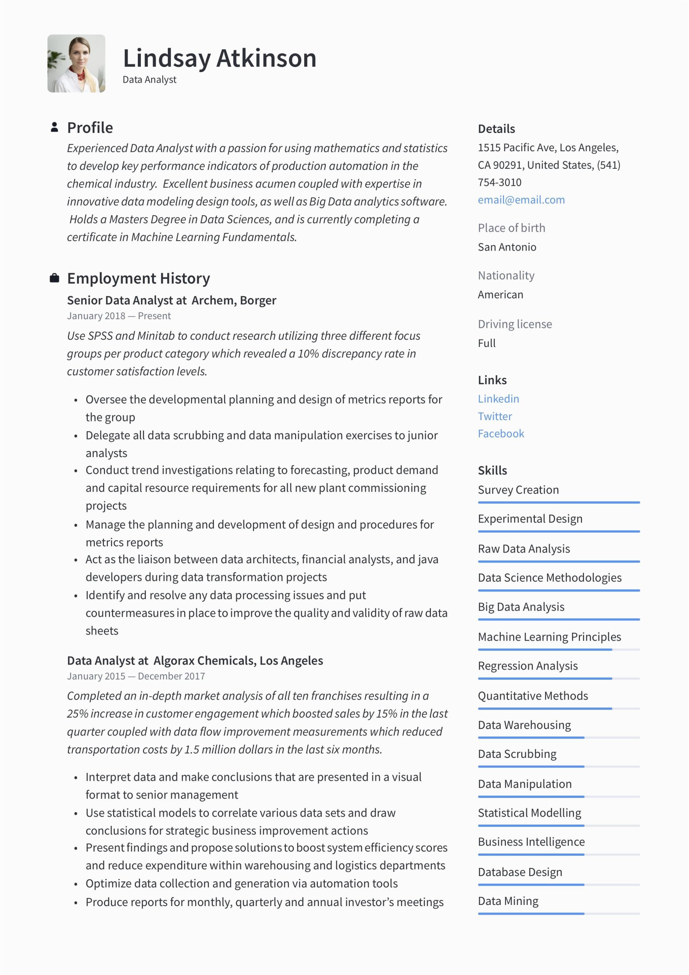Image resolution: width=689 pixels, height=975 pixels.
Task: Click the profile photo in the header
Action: click(77, 63)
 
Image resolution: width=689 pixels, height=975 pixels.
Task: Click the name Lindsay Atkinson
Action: click(220, 58)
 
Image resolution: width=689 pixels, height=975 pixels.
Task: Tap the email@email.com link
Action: click(521, 200)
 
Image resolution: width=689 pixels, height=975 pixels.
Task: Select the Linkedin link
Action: click(498, 399)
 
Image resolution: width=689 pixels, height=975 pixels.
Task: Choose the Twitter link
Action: click(494, 416)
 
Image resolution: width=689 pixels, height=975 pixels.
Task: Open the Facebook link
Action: click(501, 433)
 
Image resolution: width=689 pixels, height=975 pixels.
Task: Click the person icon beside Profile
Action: click(54, 127)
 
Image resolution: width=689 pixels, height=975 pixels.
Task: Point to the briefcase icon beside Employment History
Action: click(54, 278)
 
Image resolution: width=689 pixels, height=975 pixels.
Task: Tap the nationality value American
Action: click(500, 295)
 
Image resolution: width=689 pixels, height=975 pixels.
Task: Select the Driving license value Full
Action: click(486, 343)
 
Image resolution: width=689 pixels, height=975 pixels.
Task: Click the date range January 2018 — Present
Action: click(119, 316)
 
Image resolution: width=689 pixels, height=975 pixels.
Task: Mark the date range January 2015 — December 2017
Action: click(136, 676)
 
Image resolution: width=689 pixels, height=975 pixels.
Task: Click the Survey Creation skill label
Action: click(518, 490)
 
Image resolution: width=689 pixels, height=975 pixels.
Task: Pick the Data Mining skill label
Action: click(508, 901)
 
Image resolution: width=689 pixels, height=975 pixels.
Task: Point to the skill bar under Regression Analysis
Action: click(558, 679)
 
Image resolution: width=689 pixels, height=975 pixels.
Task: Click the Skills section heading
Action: click(492, 470)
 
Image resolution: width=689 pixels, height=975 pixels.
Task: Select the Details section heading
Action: click(496, 129)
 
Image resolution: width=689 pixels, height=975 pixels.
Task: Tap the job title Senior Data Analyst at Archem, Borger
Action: click(172, 300)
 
